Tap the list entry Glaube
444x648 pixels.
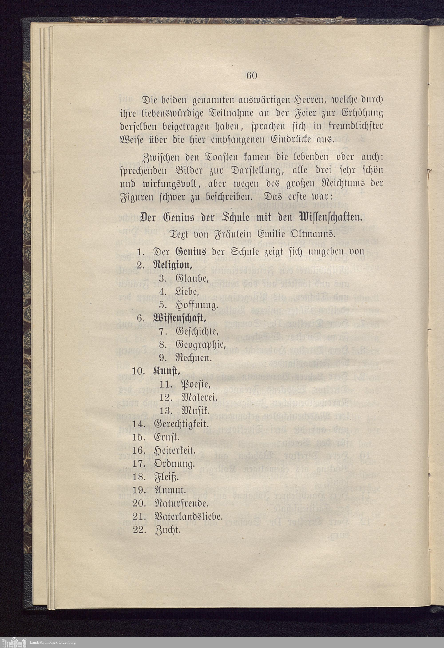tap(192, 279)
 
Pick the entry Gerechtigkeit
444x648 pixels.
tap(181, 424)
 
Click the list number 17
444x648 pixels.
tap(140, 464)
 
